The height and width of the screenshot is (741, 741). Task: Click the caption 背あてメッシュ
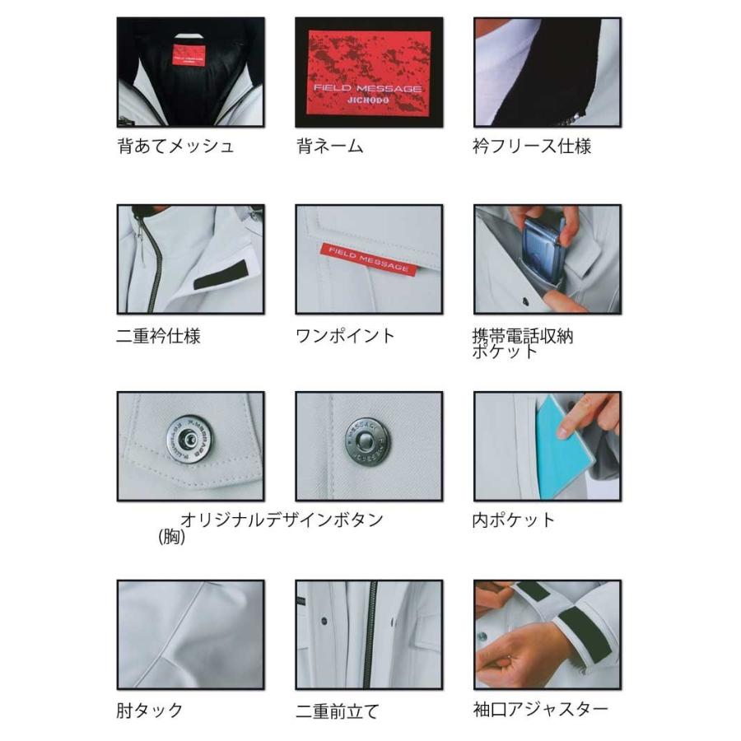coord(175,147)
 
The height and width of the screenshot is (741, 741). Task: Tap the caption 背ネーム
coord(330,147)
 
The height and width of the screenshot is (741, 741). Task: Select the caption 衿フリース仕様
coord(532,147)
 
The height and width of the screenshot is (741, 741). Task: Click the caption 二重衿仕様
coord(158,336)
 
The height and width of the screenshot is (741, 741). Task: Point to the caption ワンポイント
coord(345,336)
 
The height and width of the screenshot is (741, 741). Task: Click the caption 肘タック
coord(149,710)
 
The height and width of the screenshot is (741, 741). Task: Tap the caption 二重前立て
coord(338,711)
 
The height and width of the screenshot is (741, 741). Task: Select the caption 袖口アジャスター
coord(541,709)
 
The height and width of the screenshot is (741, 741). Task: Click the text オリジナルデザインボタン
coord(282,520)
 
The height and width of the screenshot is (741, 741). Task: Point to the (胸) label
coord(172,538)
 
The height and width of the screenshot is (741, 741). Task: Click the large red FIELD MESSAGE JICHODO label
coord(369,72)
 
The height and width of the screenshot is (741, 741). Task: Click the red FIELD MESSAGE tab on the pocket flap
coord(369,255)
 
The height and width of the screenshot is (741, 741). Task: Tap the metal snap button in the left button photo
coord(189,439)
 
